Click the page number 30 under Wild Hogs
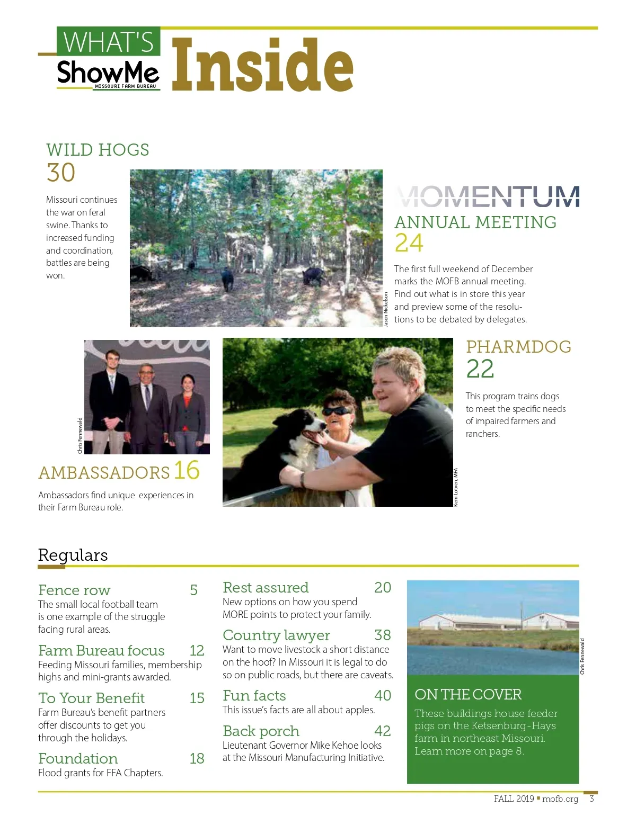[x=61, y=173]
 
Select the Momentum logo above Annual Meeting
[x=487, y=196]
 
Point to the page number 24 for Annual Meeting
[x=409, y=243]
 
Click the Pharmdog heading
[x=518, y=347]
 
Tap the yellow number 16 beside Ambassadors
[x=187, y=470]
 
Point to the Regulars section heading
[x=73, y=555]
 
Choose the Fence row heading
[x=74, y=590]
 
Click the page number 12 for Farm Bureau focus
[x=197, y=650]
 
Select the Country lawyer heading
[x=276, y=635]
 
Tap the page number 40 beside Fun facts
[x=383, y=695]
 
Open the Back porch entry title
[x=261, y=731]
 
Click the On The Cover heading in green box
[x=468, y=694]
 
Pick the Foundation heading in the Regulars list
[x=78, y=758]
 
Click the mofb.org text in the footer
[x=560, y=799]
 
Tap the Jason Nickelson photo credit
[x=386, y=309]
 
